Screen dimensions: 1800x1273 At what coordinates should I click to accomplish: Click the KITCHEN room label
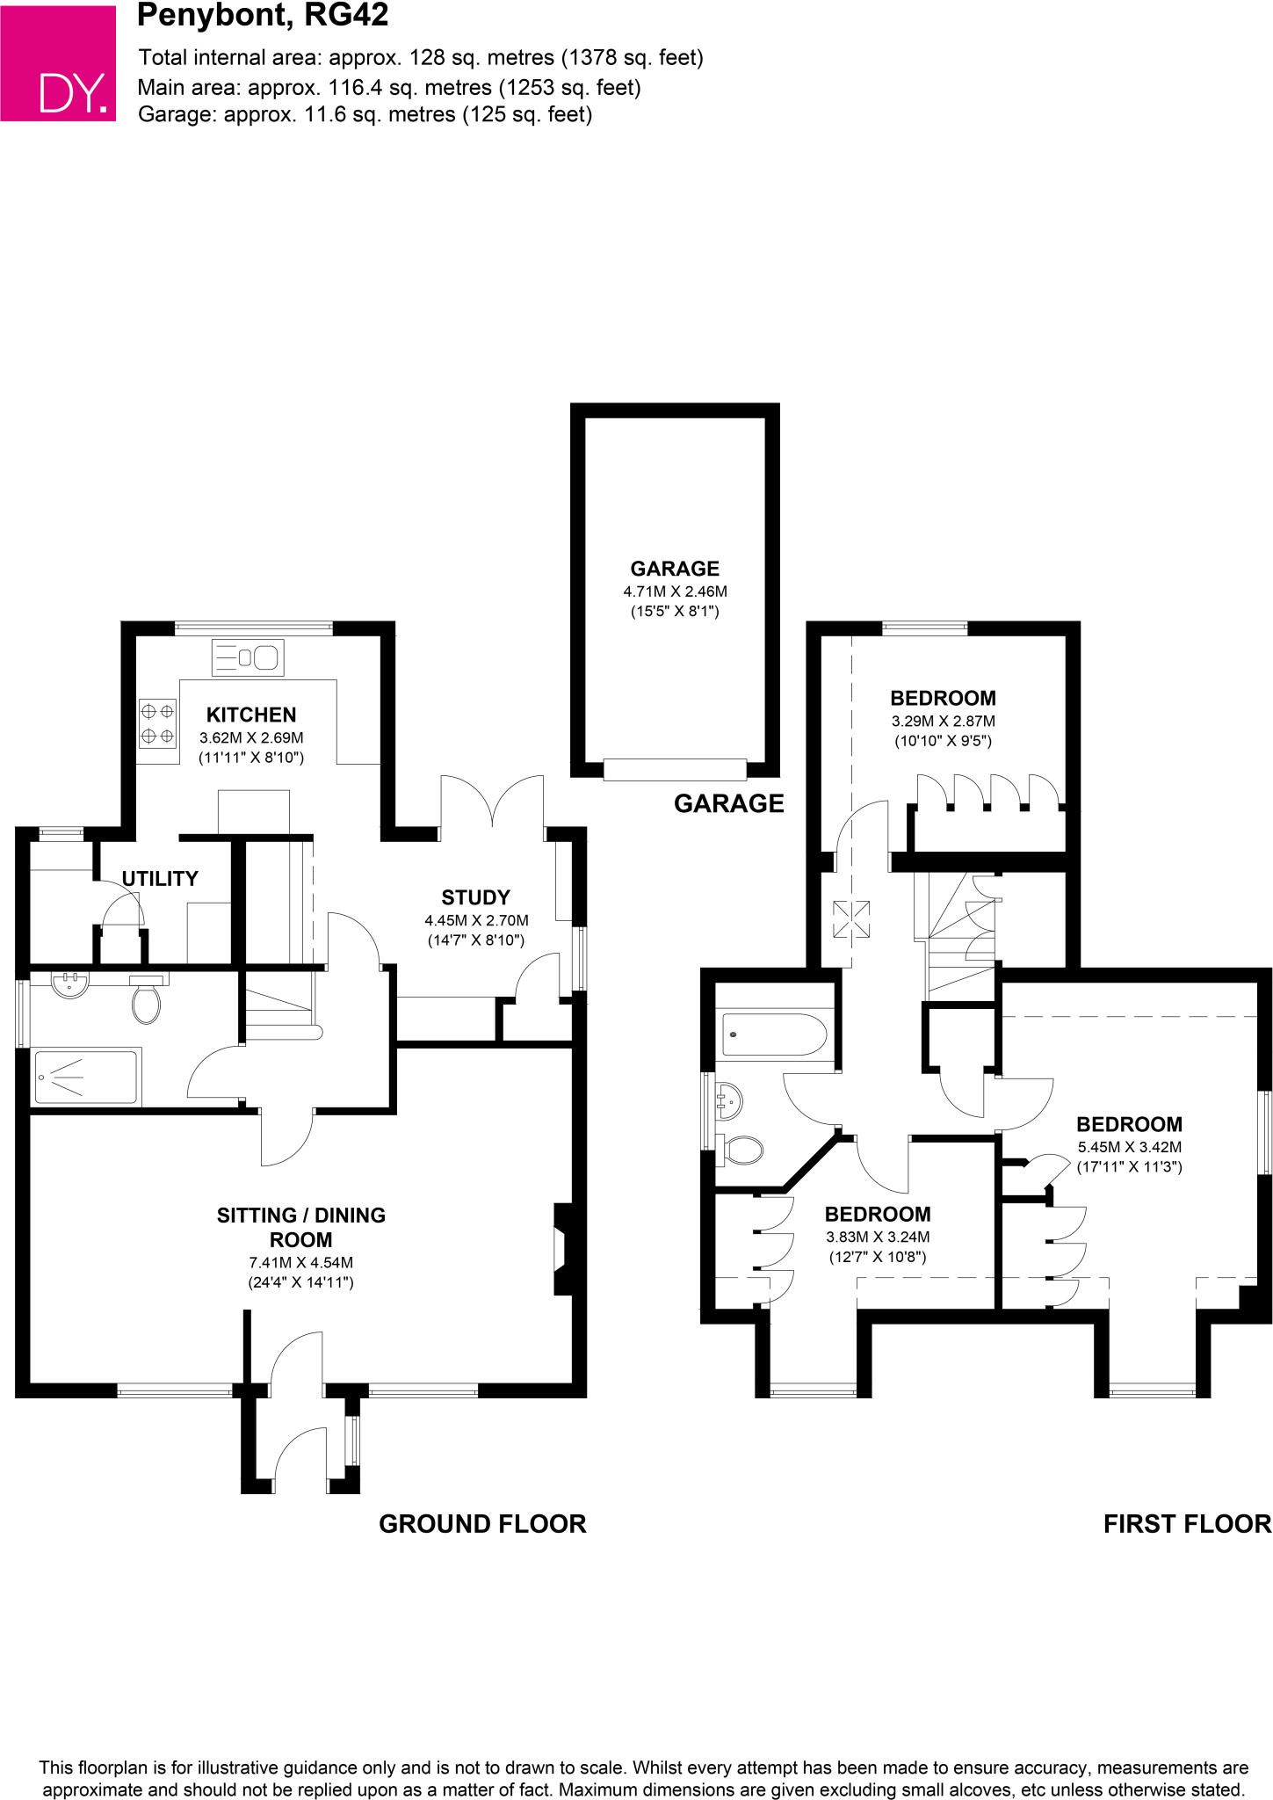(x=251, y=715)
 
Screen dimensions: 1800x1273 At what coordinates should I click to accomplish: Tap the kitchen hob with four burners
(x=157, y=722)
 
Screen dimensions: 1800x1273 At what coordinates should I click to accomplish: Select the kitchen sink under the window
(x=246, y=657)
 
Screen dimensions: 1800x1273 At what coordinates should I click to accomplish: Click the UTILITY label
(x=160, y=878)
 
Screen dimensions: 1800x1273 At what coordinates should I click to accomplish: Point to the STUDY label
(x=475, y=897)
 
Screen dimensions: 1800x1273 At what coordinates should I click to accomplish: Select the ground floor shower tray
(x=85, y=1076)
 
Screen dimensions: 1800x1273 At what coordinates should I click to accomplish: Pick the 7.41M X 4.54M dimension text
(x=301, y=1263)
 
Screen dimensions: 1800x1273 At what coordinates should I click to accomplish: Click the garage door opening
(x=675, y=769)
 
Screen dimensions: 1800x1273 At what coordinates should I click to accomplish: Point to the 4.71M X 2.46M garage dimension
(x=675, y=592)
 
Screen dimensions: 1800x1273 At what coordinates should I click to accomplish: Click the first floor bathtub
(x=773, y=1034)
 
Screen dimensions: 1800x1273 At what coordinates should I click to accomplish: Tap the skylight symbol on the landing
(x=850, y=920)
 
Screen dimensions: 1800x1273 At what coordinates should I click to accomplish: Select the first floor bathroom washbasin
(x=729, y=1100)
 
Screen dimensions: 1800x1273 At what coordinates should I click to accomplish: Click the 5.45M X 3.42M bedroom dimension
(x=1129, y=1147)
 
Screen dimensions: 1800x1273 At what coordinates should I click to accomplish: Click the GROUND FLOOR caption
(x=482, y=1524)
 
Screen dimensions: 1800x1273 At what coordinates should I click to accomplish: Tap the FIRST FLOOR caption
(x=1187, y=1524)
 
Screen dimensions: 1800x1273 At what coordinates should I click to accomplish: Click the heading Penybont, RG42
(x=263, y=16)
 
